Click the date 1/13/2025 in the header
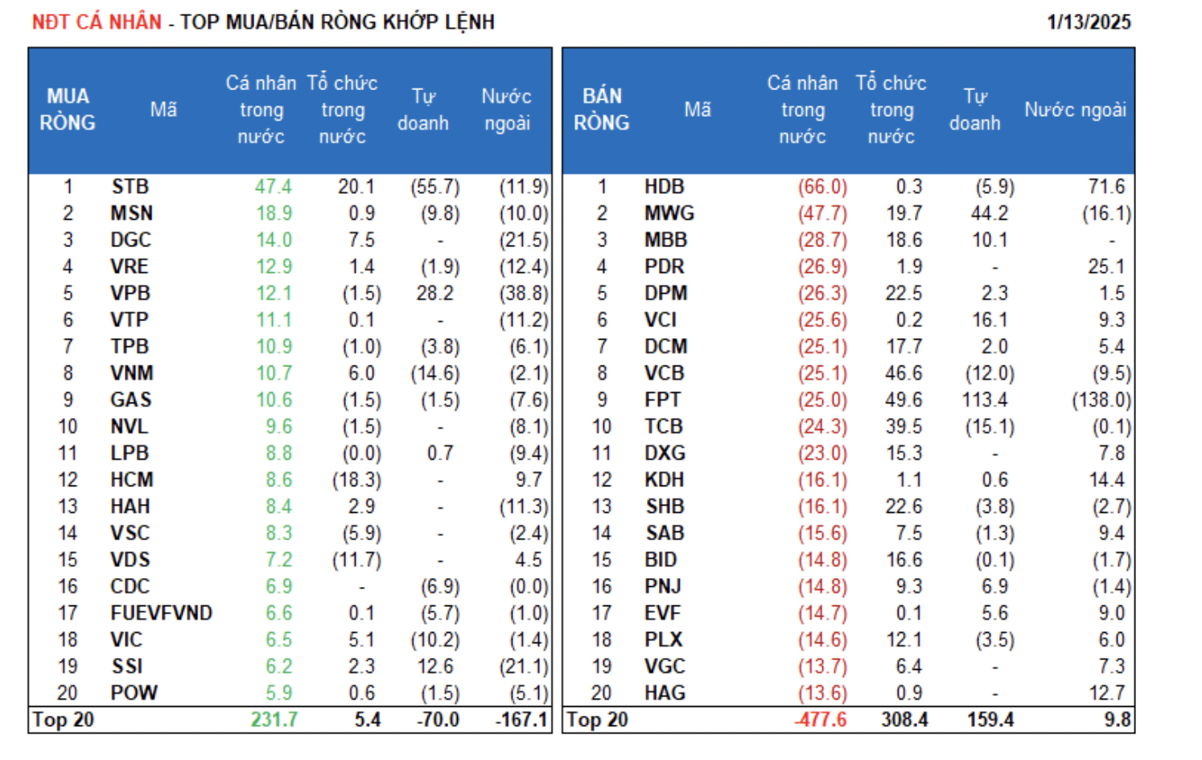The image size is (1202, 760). click(1088, 22)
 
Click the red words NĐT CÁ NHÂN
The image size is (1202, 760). click(97, 22)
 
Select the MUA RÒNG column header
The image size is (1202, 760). click(68, 109)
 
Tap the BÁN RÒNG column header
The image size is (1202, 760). click(602, 109)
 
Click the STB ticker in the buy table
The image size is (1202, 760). click(130, 187)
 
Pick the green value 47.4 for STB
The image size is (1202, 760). click(273, 187)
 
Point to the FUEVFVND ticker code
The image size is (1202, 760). click(161, 613)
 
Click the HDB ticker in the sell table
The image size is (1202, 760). click(664, 187)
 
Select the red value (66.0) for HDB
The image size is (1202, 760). click(822, 187)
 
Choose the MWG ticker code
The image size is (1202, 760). click(669, 213)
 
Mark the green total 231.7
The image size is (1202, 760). click(274, 720)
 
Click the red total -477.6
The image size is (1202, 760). click(821, 720)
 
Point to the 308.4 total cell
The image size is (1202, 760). click(904, 720)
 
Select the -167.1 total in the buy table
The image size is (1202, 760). click(521, 720)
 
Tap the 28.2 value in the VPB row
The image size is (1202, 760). click(434, 293)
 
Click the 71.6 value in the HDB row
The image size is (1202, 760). click(1106, 187)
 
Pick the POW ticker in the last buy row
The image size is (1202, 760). click(134, 693)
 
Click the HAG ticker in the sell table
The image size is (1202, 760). click(665, 693)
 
